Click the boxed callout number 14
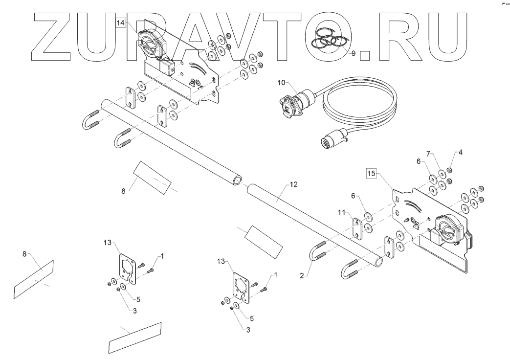point(121,23)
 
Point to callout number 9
point(353,53)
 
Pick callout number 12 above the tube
point(293,184)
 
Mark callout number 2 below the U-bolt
point(304,275)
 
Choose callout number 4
point(460,152)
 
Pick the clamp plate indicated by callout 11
point(358,227)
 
